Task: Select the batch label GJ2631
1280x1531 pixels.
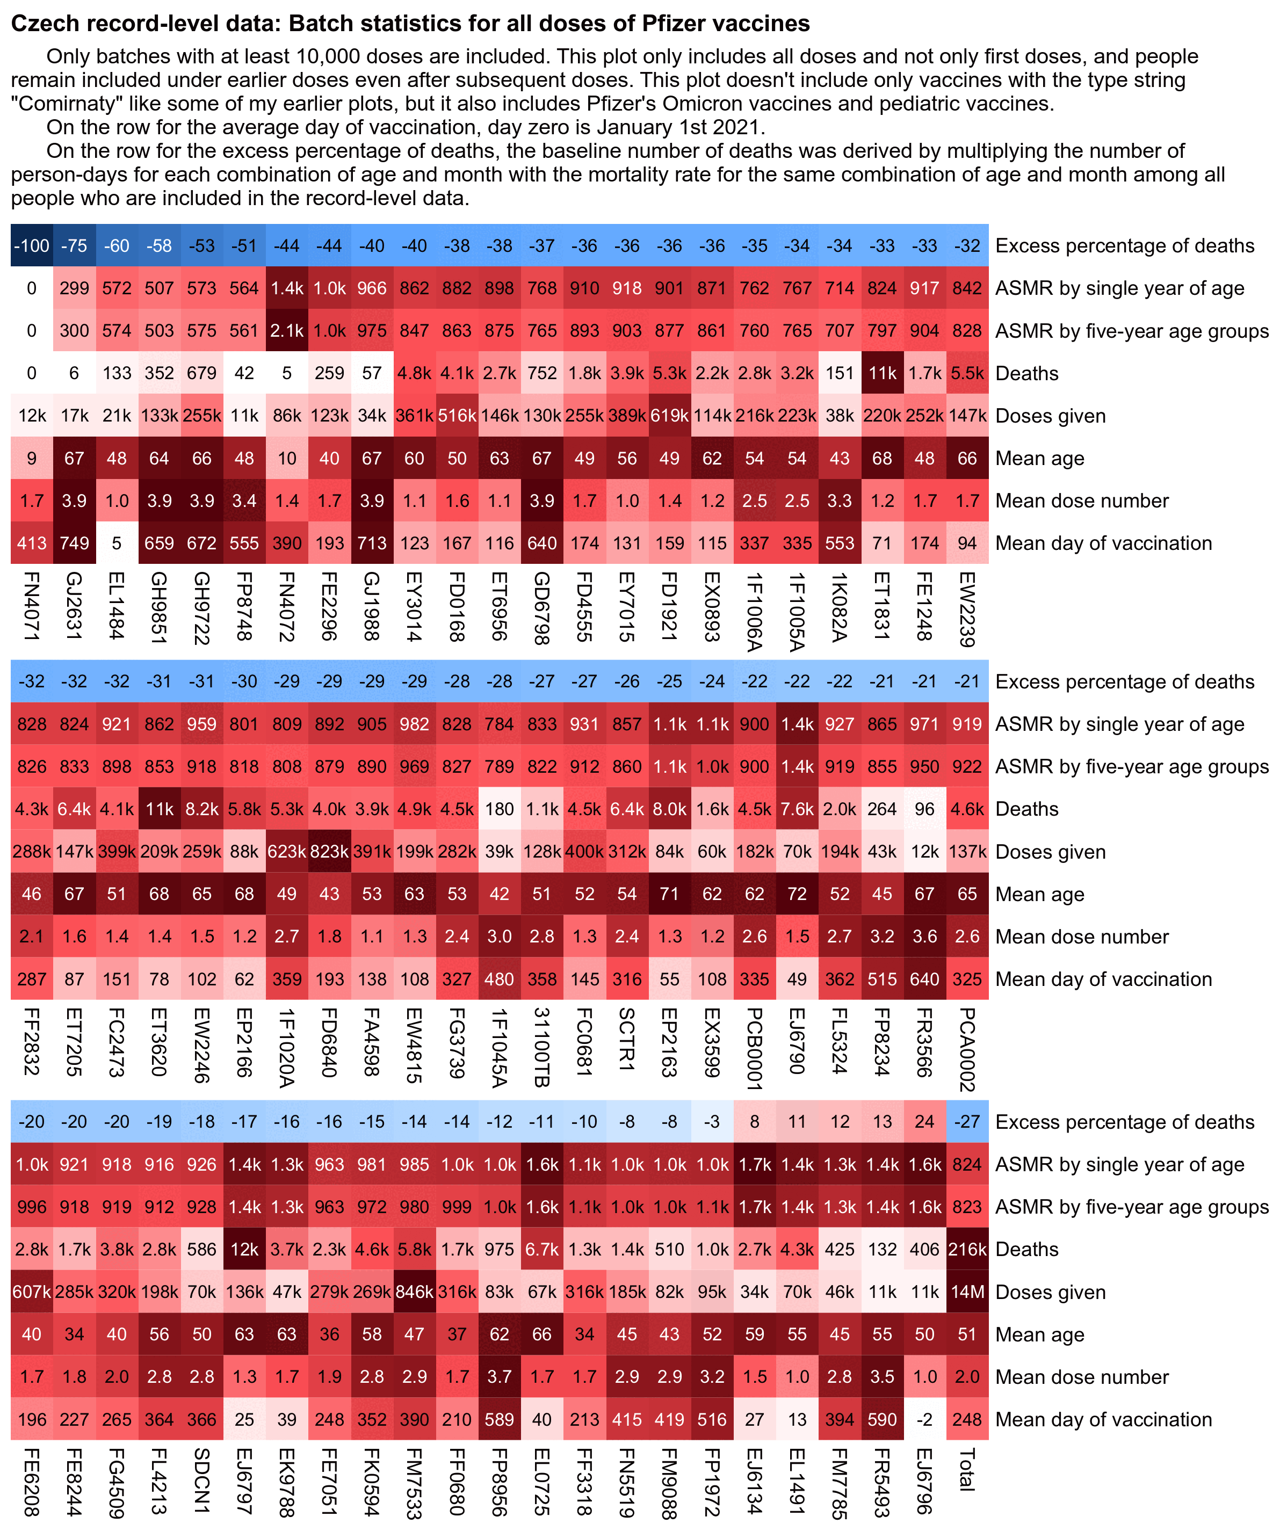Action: coord(74,606)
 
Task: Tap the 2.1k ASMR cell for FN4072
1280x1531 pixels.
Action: coord(287,330)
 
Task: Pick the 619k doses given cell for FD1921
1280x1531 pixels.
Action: coord(669,416)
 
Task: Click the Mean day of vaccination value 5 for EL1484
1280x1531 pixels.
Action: coord(117,543)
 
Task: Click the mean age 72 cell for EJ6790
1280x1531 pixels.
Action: coord(797,894)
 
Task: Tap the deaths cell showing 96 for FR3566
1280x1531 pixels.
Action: coord(924,809)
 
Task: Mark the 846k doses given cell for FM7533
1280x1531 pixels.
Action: coord(414,1292)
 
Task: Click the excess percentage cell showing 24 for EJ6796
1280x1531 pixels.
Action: coord(924,1121)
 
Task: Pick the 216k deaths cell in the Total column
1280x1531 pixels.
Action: coord(967,1250)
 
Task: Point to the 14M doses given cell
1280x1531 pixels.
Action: coord(967,1292)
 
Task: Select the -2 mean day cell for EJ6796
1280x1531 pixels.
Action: coord(924,1419)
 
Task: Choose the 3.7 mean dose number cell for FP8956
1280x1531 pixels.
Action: coord(499,1377)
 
